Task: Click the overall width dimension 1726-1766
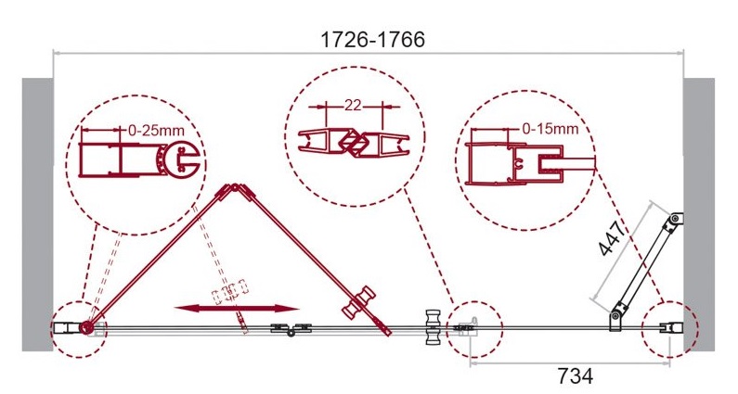372,40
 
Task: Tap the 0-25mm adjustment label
156,130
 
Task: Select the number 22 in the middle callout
353,105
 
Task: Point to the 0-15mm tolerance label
550,128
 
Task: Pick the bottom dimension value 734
576,376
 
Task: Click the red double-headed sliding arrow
237,309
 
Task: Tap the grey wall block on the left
38,214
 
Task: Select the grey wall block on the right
699,214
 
